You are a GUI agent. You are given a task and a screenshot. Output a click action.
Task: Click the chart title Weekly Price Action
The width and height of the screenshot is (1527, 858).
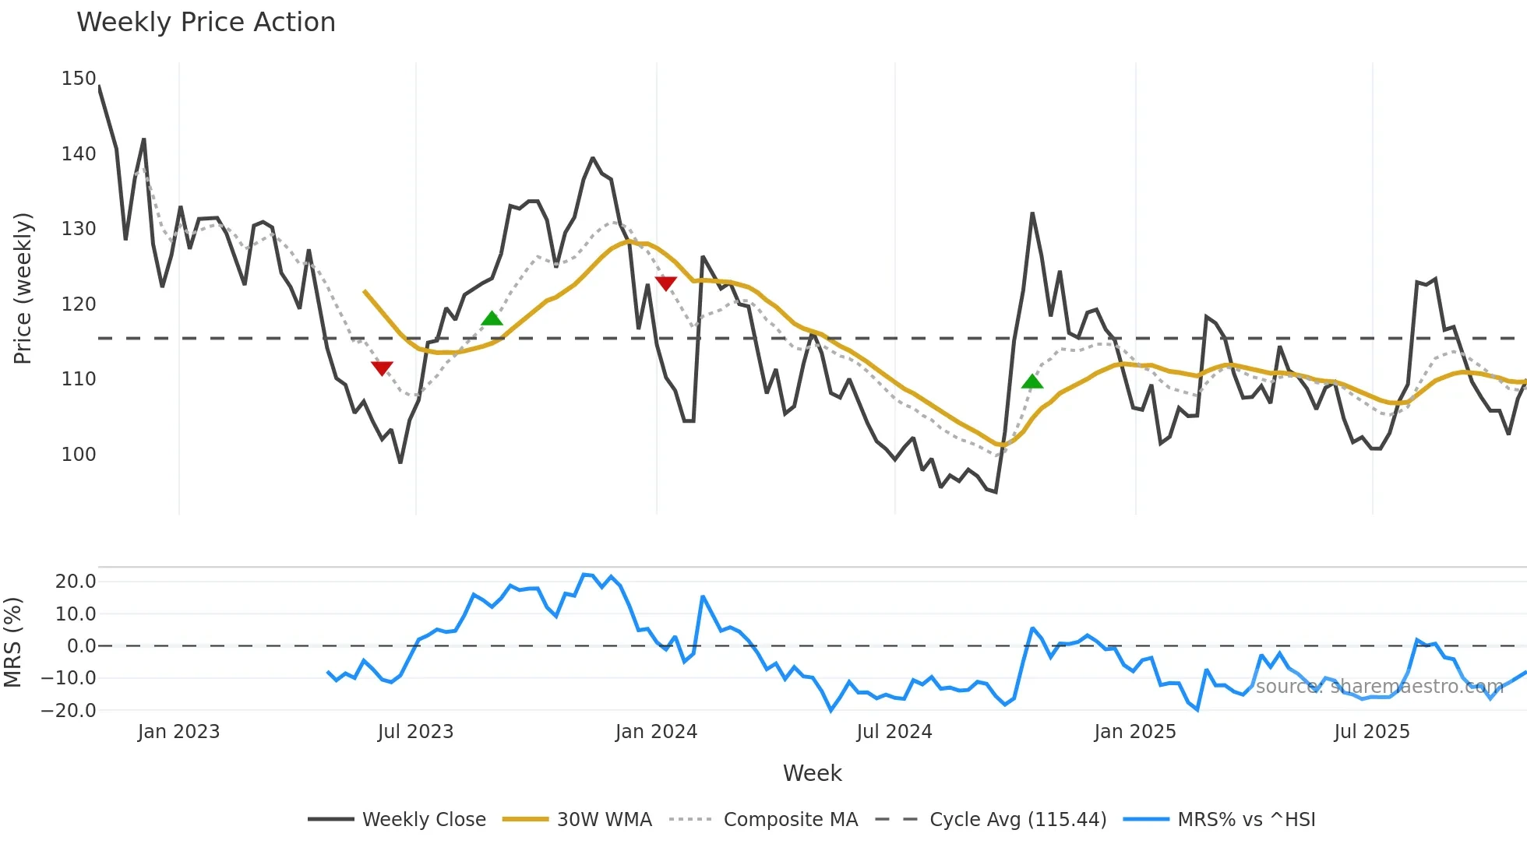[206, 23]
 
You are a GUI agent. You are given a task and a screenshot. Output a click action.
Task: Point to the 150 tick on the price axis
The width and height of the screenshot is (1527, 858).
[79, 79]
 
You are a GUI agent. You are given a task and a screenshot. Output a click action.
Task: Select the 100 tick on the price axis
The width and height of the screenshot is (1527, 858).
[79, 454]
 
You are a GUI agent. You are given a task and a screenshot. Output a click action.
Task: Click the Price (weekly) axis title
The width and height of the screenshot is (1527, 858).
[23, 288]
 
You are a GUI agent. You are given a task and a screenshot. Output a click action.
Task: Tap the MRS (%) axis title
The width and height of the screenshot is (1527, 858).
[12, 642]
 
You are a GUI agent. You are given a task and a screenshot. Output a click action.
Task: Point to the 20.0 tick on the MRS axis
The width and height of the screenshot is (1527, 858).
[76, 582]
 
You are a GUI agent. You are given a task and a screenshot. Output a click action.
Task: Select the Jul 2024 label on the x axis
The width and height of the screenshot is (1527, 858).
[894, 732]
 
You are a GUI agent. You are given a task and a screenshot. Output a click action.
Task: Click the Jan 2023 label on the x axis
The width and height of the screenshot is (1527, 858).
[178, 732]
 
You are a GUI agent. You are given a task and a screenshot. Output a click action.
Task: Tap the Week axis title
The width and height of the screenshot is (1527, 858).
[812, 773]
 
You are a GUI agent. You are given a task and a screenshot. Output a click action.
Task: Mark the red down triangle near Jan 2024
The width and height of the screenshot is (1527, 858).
[665, 283]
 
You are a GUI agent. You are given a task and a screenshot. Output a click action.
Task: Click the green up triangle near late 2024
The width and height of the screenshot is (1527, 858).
[1032, 382]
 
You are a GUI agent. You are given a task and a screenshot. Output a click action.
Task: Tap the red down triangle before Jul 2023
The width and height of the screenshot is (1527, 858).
[382, 367]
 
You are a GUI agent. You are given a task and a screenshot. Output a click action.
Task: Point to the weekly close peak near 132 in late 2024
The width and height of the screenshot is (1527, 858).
[1032, 213]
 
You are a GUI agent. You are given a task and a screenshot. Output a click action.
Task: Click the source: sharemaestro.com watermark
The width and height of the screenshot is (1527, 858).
[1379, 686]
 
